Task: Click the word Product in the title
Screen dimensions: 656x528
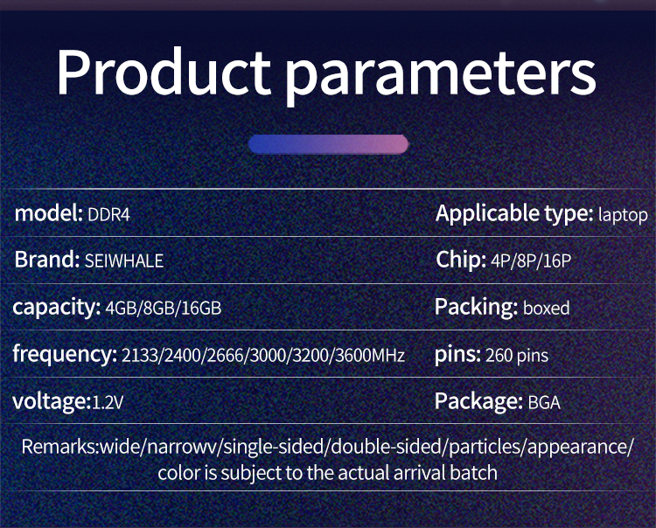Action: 164,72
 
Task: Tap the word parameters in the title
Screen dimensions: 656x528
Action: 441,78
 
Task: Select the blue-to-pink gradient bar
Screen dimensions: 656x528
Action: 328,144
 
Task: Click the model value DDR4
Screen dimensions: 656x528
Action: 108,215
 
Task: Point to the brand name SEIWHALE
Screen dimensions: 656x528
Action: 124,261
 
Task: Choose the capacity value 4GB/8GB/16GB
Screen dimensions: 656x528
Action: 164,308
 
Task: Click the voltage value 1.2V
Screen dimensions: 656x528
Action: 108,403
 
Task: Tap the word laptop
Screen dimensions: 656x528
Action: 623,215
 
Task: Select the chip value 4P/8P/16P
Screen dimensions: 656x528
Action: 531,261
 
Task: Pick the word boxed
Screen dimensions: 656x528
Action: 547,308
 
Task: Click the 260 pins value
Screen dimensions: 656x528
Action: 517,356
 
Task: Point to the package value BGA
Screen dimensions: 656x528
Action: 544,403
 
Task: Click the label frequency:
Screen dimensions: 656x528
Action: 65,354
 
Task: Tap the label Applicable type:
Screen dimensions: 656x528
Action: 514,214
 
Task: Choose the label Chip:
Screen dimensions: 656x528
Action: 461,260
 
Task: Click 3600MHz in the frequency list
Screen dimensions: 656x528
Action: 370,356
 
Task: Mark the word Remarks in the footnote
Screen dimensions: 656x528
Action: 59,447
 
